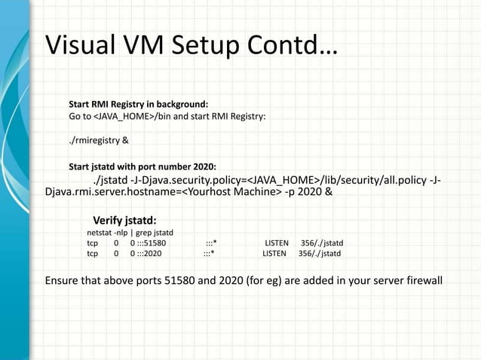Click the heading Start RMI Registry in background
click(139, 104)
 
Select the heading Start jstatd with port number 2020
click(142, 166)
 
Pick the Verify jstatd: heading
click(124, 220)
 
